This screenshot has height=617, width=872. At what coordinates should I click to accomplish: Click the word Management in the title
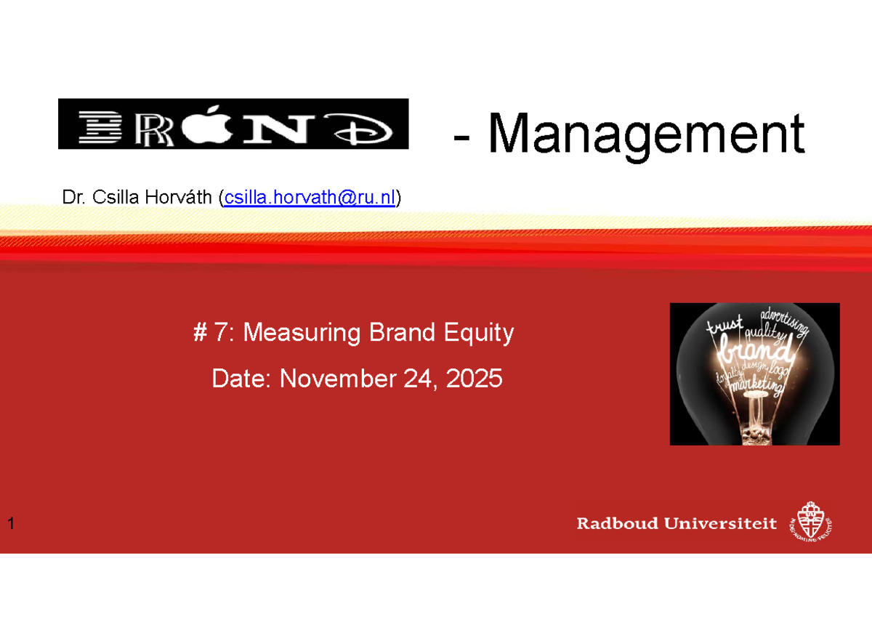coord(646,134)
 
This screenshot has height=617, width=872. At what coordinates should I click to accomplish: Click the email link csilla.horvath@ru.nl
coord(310,197)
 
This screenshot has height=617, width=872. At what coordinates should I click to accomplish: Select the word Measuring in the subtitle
coord(304,333)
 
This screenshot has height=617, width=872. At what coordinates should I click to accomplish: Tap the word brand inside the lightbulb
coord(753,355)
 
